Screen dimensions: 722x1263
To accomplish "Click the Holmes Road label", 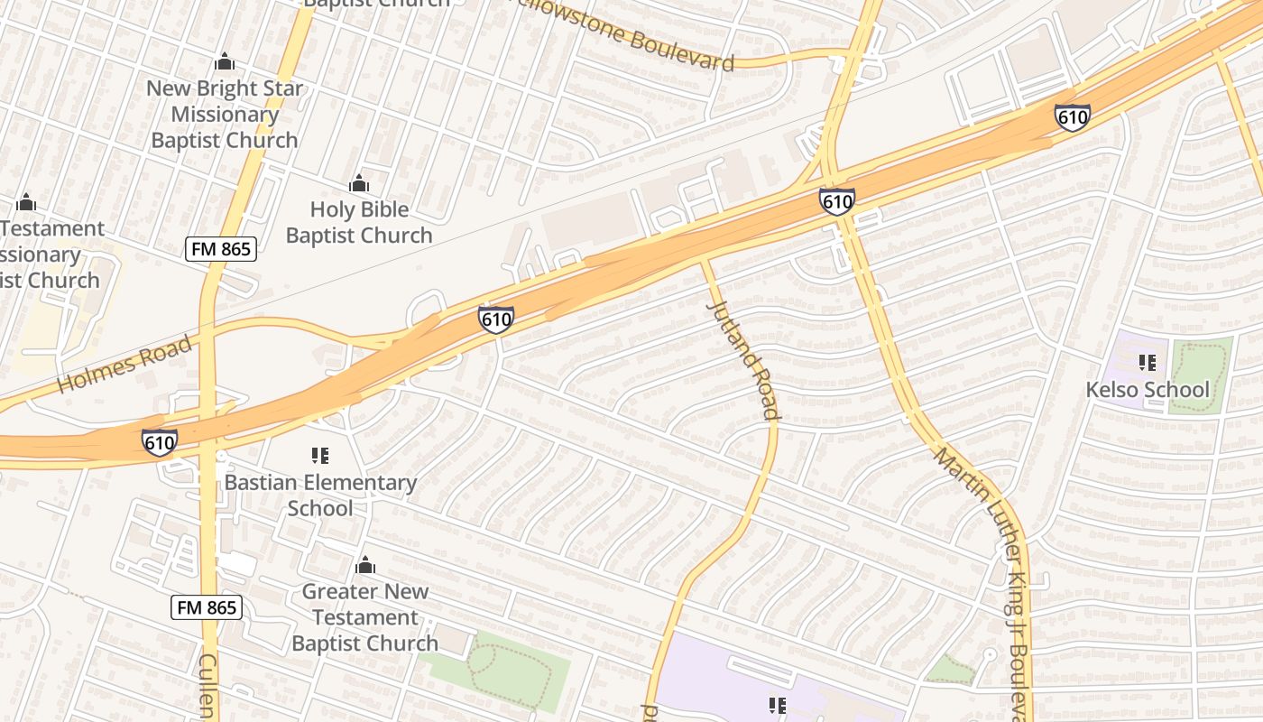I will point(124,365).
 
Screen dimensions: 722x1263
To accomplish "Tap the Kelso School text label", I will point(1148,390).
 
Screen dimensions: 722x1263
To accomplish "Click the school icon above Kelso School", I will point(1148,363).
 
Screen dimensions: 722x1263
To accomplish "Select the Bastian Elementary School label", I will point(320,495).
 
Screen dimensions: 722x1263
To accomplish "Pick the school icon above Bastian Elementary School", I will point(320,456).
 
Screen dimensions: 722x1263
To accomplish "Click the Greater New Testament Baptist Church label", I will point(364,617).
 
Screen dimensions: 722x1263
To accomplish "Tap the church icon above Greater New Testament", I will point(365,566).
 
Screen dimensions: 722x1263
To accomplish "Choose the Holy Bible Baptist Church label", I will point(359,222).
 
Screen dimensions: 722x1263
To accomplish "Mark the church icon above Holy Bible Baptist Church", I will point(359,184).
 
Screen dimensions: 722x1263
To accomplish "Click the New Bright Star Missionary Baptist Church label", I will point(225,115).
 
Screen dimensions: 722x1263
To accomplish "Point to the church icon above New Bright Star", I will point(225,62).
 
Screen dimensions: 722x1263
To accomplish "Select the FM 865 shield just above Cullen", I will point(207,607).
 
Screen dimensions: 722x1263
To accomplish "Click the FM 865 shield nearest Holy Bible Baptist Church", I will point(221,249).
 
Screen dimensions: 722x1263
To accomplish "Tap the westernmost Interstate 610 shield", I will point(160,442).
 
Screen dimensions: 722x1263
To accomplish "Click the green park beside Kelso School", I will point(1200,375).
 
